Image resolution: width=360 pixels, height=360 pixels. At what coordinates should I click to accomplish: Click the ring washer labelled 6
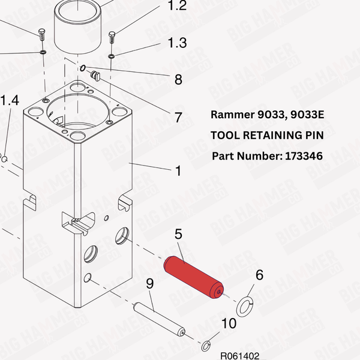coord(245,307)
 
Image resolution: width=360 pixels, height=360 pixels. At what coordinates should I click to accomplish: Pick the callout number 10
coord(228,324)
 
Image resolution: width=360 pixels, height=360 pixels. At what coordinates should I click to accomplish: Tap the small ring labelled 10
coord(206,345)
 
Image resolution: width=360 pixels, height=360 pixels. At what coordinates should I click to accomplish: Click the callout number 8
coord(178,79)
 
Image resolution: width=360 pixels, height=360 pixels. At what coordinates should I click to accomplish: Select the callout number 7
coord(178,117)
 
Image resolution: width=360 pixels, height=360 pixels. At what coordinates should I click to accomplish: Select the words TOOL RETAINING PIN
coord(267,135)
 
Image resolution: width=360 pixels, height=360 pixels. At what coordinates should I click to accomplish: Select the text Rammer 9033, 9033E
coord(267,114)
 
